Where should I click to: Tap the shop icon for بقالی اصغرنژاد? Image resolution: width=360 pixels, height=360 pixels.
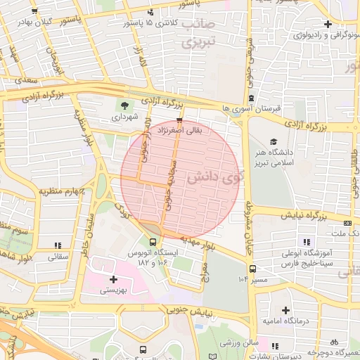[x=179, y=120]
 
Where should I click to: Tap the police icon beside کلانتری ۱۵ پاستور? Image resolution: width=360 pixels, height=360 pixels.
[x=150, y=13]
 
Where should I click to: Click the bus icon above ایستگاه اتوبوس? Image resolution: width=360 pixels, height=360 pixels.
[x=153, y=243]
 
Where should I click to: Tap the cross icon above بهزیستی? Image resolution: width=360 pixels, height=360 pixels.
[x=113, y=279]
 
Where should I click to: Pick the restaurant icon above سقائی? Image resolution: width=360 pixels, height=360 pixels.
[x=57, y=245]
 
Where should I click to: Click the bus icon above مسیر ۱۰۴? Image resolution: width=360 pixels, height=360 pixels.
[x=252, y=268]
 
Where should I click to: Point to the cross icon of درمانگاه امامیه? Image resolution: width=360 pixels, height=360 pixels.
[x=285, y=310]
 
